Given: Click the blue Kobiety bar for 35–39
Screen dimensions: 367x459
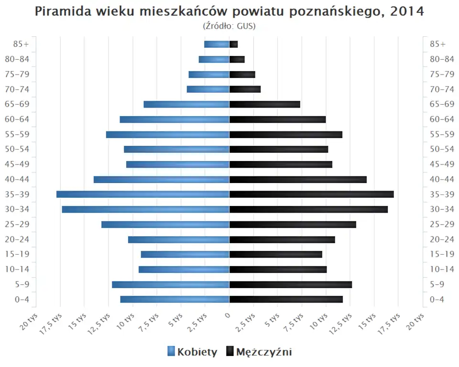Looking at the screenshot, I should tap(142, 194).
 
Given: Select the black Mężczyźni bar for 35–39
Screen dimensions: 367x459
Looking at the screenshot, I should tap(311, 194).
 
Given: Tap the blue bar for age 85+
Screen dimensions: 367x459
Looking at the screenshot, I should tap(217, 44).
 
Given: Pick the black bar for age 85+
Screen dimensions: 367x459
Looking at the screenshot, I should tap(233, 44).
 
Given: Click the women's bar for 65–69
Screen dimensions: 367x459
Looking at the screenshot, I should tap(186, 104).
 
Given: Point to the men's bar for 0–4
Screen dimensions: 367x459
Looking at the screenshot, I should tap(286, 299).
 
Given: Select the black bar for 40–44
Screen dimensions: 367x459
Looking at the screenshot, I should tap(298, 180).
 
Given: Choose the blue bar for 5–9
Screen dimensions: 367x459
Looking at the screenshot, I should tap(171, 284).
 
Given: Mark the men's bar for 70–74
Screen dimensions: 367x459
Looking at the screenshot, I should tap(245, 89).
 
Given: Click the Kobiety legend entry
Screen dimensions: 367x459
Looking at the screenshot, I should tap(193, 352).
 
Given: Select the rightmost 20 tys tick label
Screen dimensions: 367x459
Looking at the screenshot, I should tap(416, 321).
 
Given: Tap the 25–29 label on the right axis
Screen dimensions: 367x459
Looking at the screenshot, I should tap(442, 224).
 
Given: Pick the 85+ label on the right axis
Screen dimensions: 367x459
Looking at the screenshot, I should tap(437, 44).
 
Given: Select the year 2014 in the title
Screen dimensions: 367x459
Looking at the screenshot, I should tap(407, 11).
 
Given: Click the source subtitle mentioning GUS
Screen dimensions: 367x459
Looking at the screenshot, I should tap(229, 26).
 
